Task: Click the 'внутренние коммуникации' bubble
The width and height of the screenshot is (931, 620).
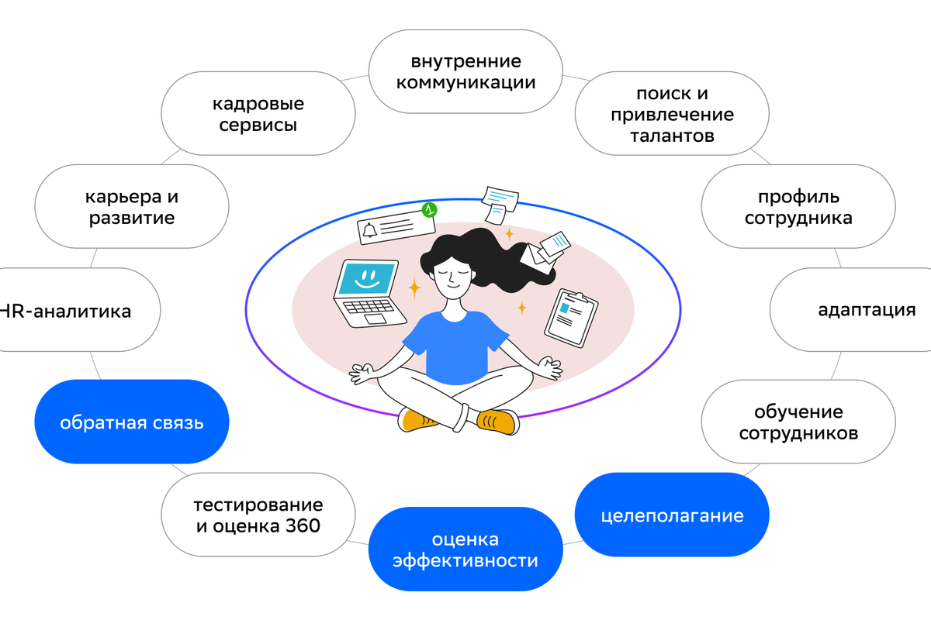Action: click(465, 71)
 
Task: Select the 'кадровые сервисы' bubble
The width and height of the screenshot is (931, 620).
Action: click(258, 114)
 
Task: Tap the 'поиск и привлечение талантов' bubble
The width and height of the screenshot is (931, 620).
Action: click(672, 115)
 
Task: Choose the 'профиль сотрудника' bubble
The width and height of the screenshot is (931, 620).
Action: click(798, 207)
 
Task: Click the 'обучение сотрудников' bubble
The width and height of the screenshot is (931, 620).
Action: click(798, 422)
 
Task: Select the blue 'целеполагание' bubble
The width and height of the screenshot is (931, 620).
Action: click(672, 515)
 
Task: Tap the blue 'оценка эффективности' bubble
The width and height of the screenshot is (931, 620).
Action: click(465, 549)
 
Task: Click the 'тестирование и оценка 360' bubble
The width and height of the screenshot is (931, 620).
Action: click(258, 515)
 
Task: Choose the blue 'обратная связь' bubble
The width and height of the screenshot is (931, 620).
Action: click(132, 422)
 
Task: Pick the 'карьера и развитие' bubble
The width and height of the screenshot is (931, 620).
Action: click(132, 207)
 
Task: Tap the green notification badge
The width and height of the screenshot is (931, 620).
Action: click(427, 210)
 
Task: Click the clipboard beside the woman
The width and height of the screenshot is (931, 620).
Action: click(570, 317)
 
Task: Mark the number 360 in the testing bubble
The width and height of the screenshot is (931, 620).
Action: click(300, 526)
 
